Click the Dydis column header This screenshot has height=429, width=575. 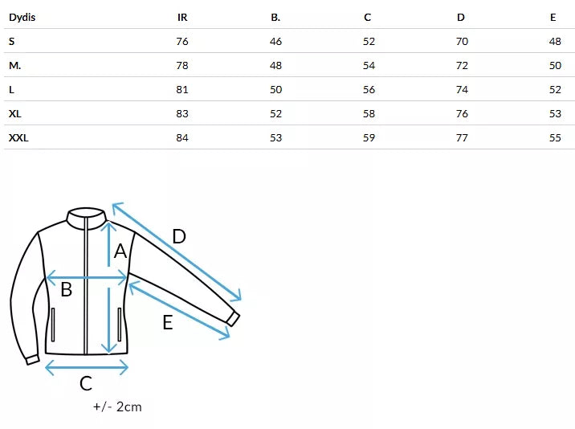(x=22, y=17)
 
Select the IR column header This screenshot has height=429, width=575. (x=182, y=17)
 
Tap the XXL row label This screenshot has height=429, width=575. (x=18, y=137)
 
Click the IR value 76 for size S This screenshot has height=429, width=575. (x=182, y=41)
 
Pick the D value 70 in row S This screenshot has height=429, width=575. (x=462, y=41)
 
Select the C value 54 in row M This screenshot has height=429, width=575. (x=369, y=65)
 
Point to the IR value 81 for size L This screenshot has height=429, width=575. (x=182, y=89)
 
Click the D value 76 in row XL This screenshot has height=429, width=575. (x=462, y=113)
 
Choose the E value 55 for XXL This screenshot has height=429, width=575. (x=555, y=137)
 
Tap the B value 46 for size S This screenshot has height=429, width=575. (x=275, y=41)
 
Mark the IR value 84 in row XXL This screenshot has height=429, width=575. (x=182, y=137)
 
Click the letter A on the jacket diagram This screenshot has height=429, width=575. (x=120, y=251)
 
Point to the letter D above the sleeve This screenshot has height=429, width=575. (x=179, y=236)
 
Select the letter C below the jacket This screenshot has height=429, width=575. (x=86, y=384)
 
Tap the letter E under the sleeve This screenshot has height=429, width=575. (x=167, y=323)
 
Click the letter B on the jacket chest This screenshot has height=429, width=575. (x=67, y=289)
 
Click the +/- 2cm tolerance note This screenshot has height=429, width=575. (x=117, y=407)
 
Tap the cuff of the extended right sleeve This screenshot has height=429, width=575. (x=232, y=317)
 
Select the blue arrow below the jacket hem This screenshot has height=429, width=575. (x=87, y=367)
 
